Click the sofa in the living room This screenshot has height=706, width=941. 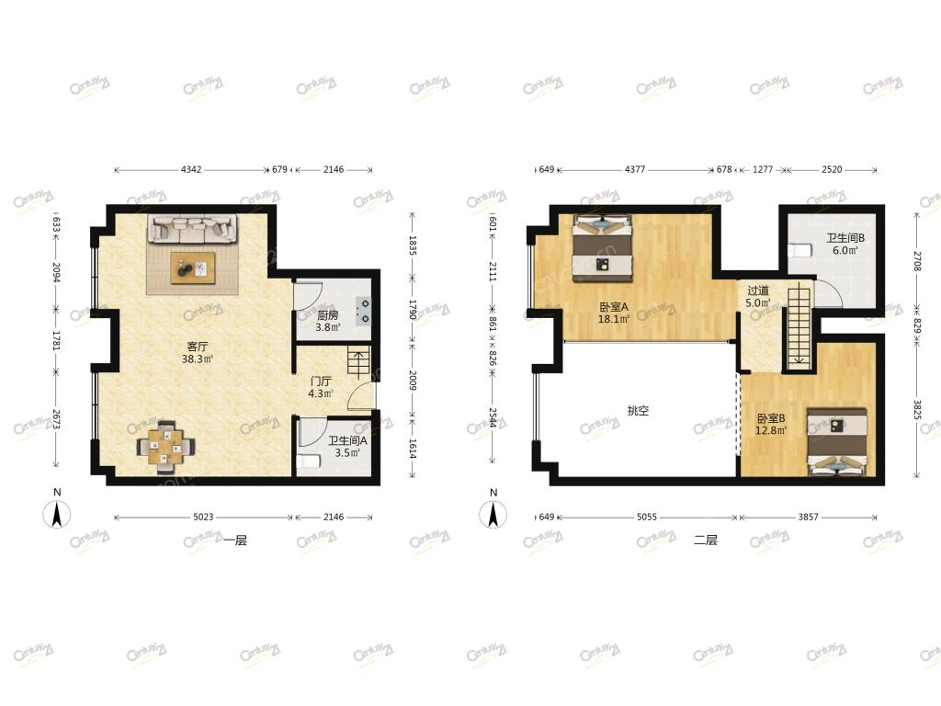(192, 229)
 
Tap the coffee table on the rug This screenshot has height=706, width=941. (193, 268)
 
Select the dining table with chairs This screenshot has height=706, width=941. (165, 447)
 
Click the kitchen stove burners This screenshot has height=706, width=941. (362, 311)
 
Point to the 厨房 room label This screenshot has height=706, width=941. (328, 314)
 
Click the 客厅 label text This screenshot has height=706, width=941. (198, 347)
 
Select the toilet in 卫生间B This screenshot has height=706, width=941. (799, 250)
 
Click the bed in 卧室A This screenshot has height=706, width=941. (603, 248)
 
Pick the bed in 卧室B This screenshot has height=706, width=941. (837, 442)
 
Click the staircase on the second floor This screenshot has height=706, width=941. (799, 326)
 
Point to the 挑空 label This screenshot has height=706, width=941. (638, 411)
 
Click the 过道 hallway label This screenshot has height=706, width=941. (758, 290)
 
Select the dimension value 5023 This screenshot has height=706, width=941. (203, 517)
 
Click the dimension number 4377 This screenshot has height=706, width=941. (635, 169)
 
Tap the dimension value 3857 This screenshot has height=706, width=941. (808, 517)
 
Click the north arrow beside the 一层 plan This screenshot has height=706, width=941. (57, 515)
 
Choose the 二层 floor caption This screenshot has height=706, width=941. (706, 540)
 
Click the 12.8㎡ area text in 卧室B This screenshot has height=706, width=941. (771, 430)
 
